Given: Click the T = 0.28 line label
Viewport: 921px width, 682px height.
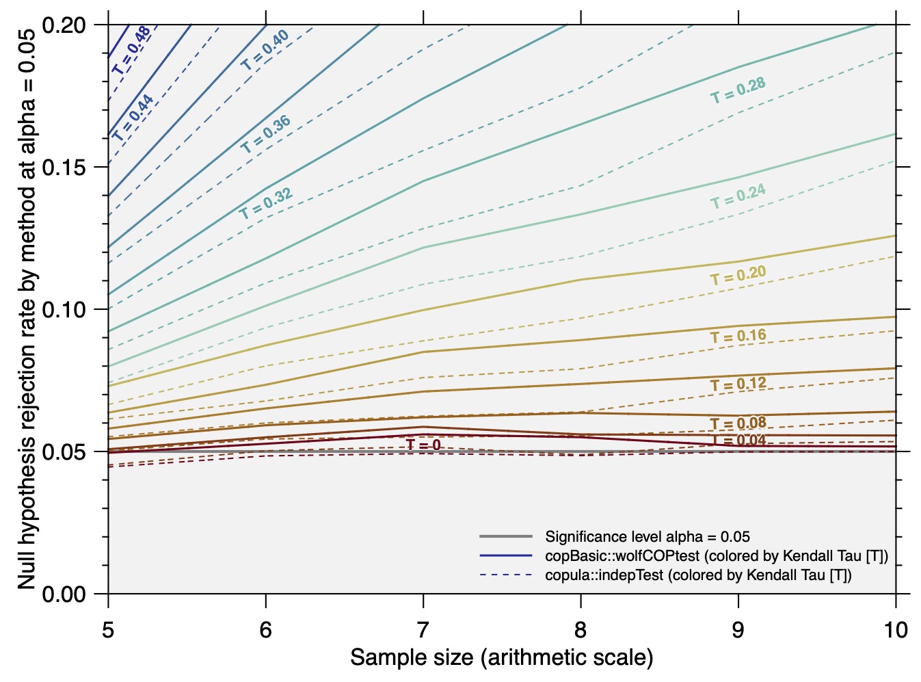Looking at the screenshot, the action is (x=738, y=90).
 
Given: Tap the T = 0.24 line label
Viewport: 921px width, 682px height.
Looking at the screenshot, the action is (x=738, y=196).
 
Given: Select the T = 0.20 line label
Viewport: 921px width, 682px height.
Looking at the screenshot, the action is (x=738, y=276).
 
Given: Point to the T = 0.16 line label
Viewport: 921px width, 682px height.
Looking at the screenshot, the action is (x=738, y=336).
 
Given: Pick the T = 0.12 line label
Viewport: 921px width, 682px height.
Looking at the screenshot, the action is (x=738, y=384).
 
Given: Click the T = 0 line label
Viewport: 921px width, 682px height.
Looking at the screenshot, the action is (x=423, y=445).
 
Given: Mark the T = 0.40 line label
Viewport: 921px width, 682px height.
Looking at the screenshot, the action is (x=265, y=51).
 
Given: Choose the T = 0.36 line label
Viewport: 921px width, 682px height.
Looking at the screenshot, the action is (x=266, y=134).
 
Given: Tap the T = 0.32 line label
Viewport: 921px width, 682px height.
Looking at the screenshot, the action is (x=266, y=203).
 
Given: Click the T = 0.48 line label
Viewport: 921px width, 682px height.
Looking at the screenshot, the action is (x=131, y=51).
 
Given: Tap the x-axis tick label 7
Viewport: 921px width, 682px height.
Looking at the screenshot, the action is (x=423, y=631).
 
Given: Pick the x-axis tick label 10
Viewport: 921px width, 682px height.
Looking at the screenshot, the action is (x=896, y=631).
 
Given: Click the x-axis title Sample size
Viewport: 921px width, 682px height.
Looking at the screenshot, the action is (x=502, y=658).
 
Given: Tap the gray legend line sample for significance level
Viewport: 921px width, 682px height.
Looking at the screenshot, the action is (x=506, y=536).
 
